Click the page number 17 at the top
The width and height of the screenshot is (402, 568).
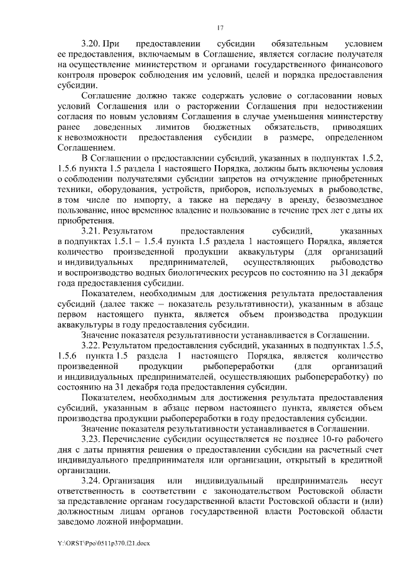pos(220,27)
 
